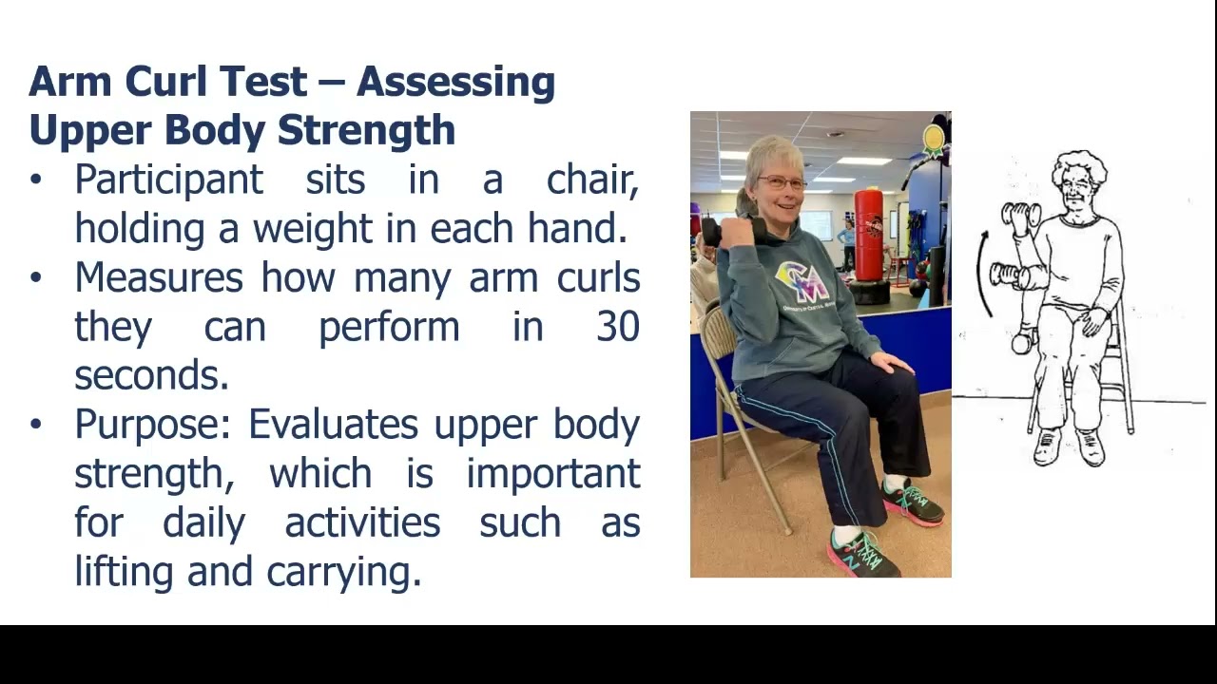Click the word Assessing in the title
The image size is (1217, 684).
tap(455, 83)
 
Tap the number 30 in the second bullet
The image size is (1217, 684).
tap(617, 327)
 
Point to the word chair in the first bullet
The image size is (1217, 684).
tap(591, 180)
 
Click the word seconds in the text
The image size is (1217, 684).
tap(151, 375)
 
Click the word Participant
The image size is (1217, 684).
tap(168, 180)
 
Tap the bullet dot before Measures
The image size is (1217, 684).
tap(36, 277)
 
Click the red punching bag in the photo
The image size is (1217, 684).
tap(868, 235)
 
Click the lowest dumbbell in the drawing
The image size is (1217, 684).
tap(1021, 343)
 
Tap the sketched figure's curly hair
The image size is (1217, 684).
tap(1079, 166)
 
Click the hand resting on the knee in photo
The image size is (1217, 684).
tap(890, 362)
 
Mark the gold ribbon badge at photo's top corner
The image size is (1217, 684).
tap(934, 140)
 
